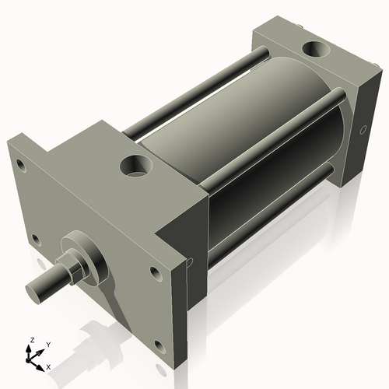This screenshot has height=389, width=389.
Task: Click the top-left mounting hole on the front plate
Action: pos(15,163)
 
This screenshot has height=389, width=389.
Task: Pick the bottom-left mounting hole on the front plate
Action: pos(34,239)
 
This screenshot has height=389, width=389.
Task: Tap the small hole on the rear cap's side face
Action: pos(362,130)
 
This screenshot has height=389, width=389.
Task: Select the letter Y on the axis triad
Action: pos(47,343)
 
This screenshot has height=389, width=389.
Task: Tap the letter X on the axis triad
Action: pos(49,366)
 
